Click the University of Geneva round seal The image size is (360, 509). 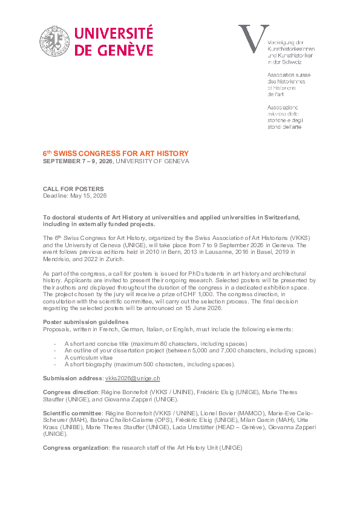point(56,42)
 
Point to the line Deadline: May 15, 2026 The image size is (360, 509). point(74,196)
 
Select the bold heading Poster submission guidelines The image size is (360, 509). point(85,322)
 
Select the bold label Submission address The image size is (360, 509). point(73,378)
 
